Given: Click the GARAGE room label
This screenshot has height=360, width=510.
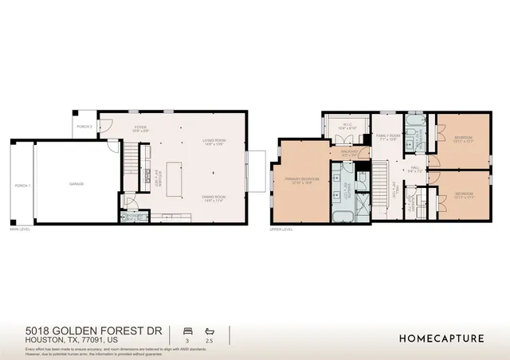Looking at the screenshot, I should click(76, 184).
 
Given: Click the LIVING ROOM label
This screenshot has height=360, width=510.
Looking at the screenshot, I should click(214, 142).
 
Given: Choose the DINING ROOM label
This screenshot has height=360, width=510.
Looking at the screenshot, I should click(214, 198).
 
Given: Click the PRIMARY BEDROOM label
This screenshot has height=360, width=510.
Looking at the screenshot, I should click(302, 181).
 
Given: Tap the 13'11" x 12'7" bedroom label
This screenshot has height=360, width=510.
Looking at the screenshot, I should click(464, 139).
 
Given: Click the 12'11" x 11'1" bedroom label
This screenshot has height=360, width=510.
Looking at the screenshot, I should click(464, 194).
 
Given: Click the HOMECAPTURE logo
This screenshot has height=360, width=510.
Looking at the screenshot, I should click(441, 338).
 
